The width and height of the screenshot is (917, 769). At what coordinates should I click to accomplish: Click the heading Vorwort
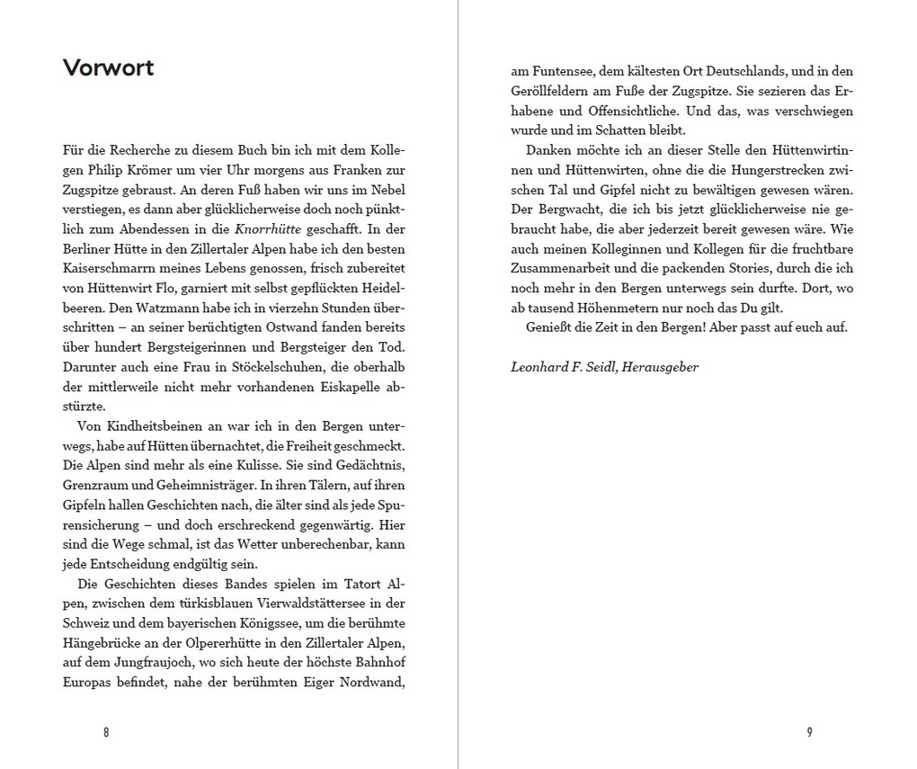point(108,68)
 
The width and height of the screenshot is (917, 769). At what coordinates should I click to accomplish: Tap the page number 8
point(106,731)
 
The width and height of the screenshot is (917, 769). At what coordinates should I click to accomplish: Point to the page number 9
point(809,731)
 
